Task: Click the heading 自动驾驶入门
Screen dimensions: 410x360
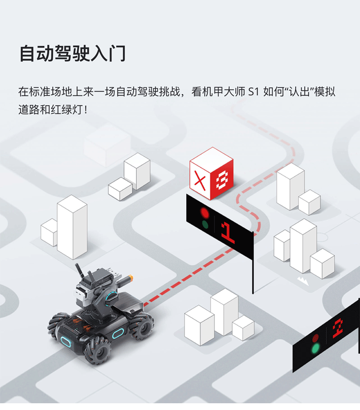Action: pyautogui.click(x=72, y=53)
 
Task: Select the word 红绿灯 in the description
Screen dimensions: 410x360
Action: pyautogui.click(x=67, y=110)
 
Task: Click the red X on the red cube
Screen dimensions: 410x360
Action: pyautogui.click(x=200, y=182)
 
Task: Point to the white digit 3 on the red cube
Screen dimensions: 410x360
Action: pyautogui.click(x=222, y=180)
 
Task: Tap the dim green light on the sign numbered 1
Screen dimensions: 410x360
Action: pyautogui.click(x=205, y=225)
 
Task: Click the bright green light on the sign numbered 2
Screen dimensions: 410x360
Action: pyautogui.click(x=315, y=348)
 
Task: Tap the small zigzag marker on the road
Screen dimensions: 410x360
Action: pyautogui.click(x=303, y=281)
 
